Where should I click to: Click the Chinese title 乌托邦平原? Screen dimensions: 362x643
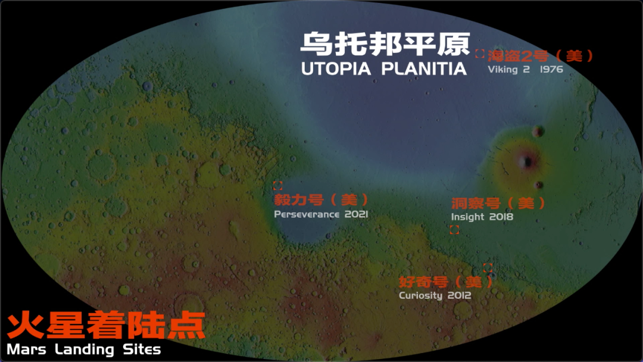click(x=385, y=43)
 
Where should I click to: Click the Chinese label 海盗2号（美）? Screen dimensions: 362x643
click(x=541, y=57)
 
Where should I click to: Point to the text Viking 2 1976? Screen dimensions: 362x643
click(x=525, y=70)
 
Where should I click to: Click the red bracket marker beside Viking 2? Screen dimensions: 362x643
click(x=479, y=54)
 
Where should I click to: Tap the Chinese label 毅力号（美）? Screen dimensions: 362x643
click(x=321, y=199)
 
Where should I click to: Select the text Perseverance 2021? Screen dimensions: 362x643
click(x=321, y=214)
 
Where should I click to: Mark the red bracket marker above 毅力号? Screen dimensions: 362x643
click(x=277, y=185)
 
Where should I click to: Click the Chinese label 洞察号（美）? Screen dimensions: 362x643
click(x=498, y=203)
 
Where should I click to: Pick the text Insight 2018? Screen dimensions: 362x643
click(x=482, y=217)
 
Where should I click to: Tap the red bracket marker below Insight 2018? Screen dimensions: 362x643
click(x=454, y=230)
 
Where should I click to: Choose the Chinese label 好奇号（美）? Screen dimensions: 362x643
click(x=446, y=282)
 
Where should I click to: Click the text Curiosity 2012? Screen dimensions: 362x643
click(x=435, y=295)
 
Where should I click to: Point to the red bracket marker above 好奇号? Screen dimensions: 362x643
click(x=488, y=268)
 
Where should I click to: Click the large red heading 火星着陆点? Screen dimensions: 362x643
click(x=106, y=326)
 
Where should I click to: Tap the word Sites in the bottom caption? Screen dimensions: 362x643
click(x=141, y=349)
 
